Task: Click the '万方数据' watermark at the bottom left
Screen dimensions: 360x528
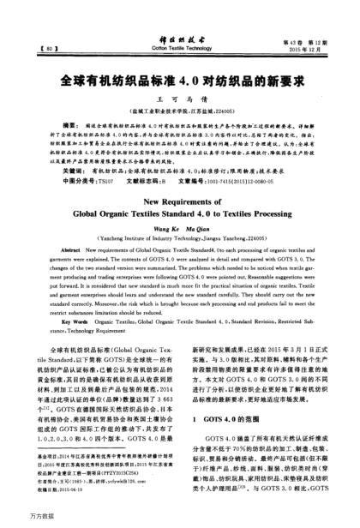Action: point(19,519)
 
